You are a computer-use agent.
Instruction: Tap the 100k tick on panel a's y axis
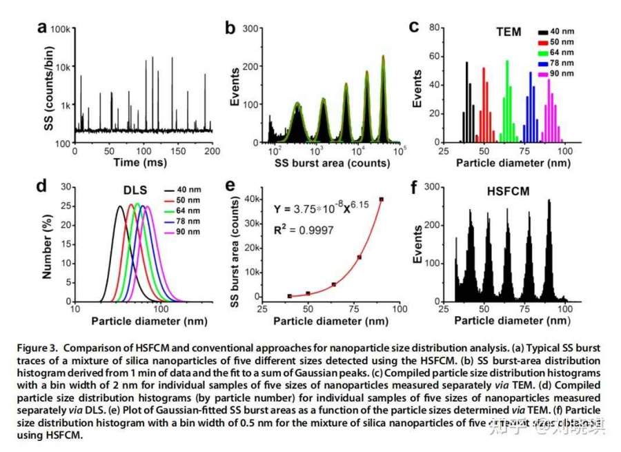pyautogui.click(x=58, y=29)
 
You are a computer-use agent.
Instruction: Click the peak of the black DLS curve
pyautogui.click(x=119, y=206)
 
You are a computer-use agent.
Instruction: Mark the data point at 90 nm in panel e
pyautogui.click(x=382, y=199)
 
